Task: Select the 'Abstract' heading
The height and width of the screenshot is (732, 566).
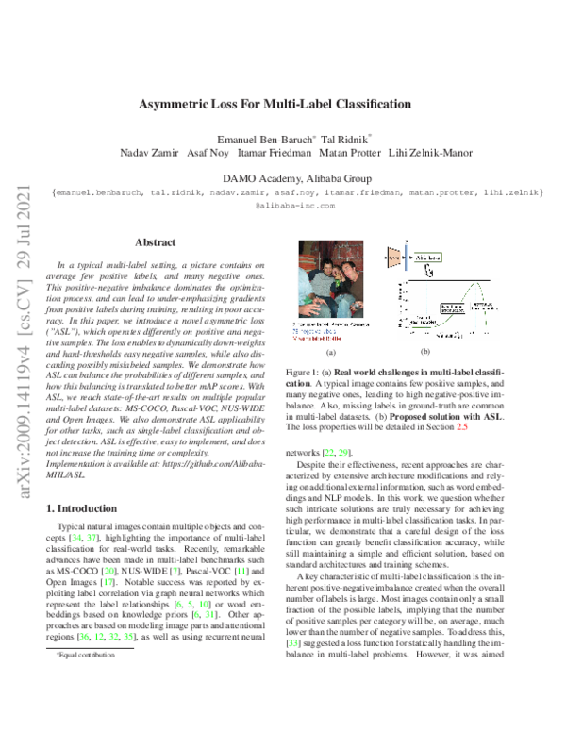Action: coord(156,242)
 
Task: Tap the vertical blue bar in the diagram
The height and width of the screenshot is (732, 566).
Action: coord(407,257)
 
